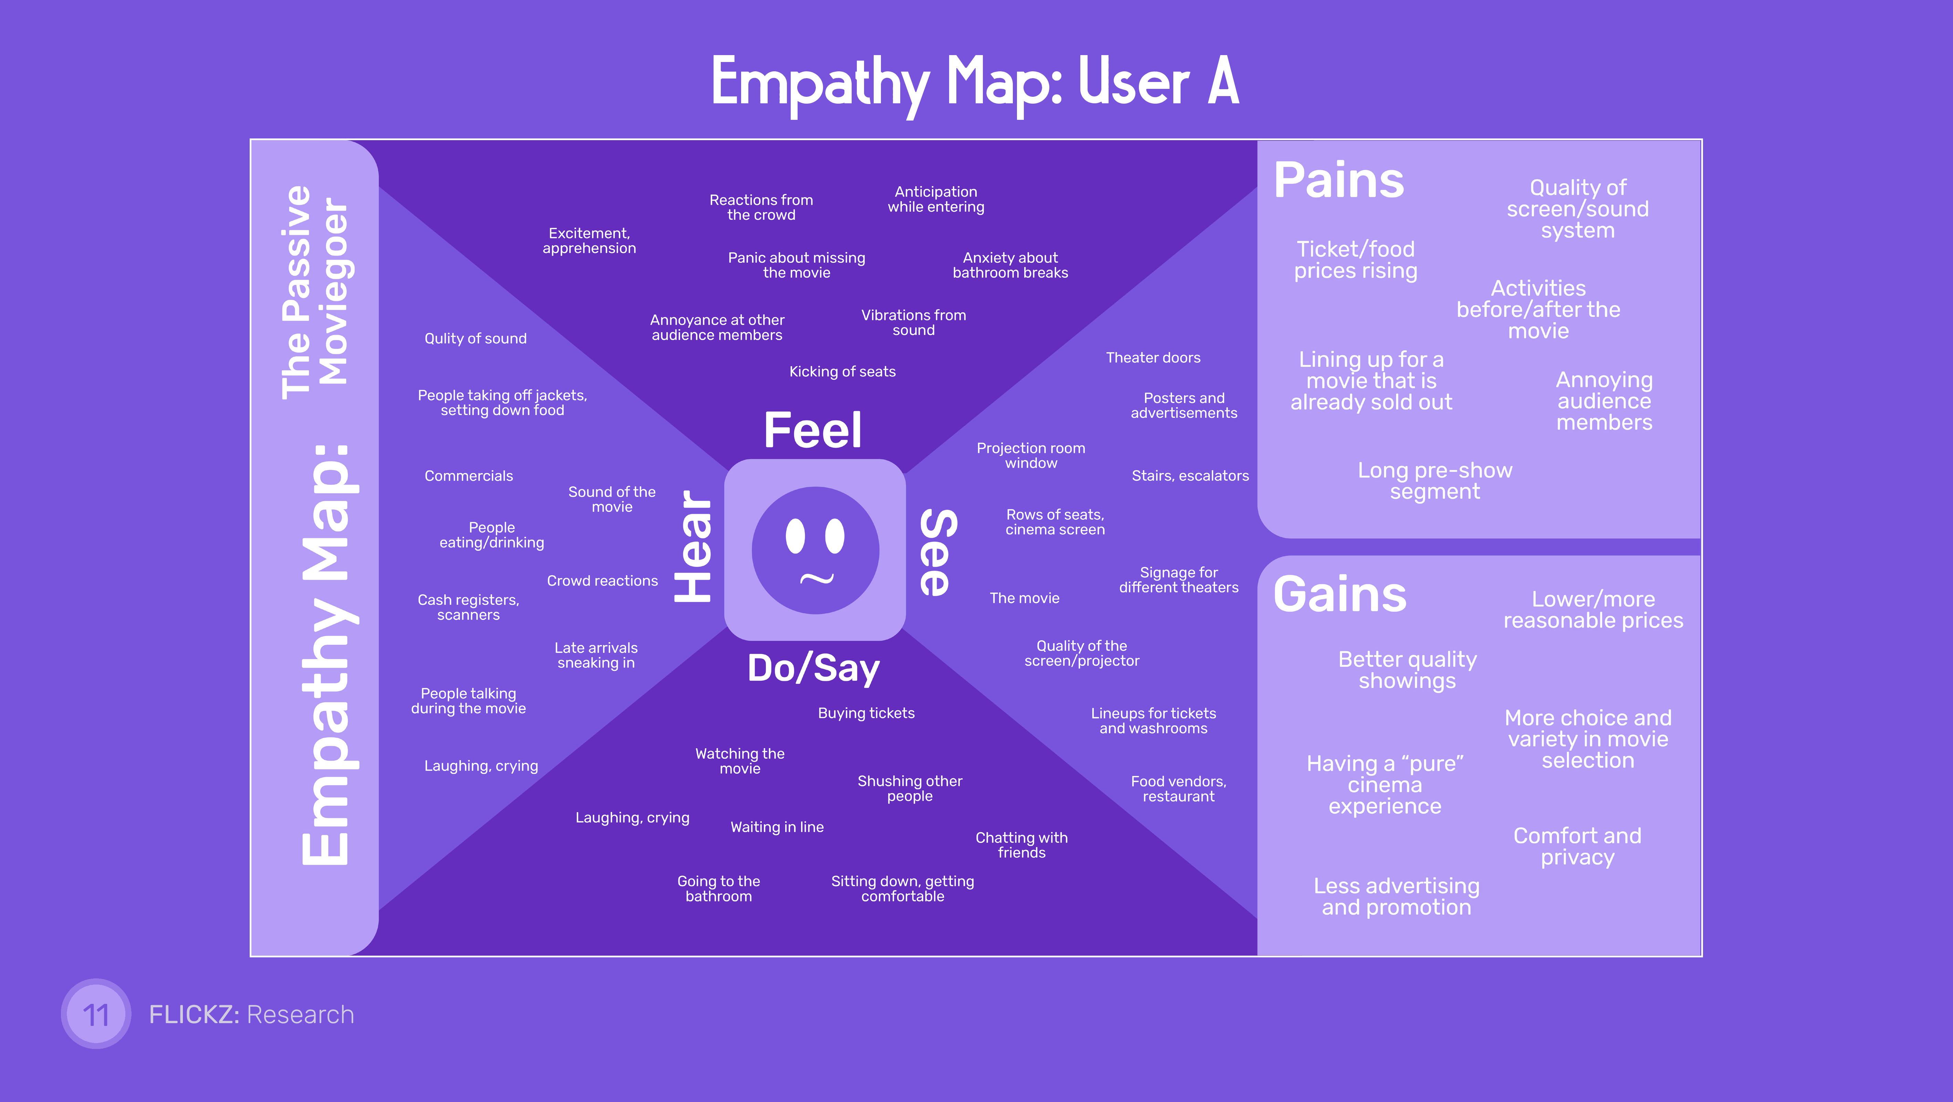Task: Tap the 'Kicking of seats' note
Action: tap(842, 371)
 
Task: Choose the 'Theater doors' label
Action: tap(1153, 358)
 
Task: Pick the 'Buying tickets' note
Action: tap(866, 713)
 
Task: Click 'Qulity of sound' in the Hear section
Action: tap(475, 339)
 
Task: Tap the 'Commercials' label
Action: tap(469, 476)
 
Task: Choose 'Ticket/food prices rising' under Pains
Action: tap(1355, 260)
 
